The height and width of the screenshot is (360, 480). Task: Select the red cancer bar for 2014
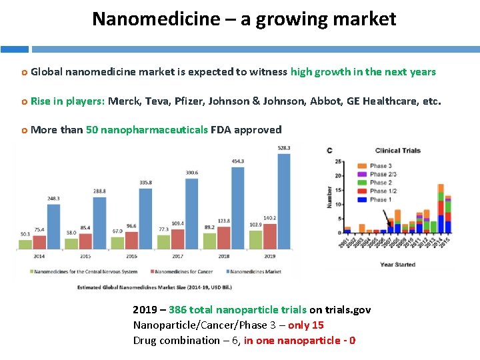pos(39,242)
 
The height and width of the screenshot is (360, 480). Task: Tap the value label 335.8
pos(145,182)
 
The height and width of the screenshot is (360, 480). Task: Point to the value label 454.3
pos(237,161)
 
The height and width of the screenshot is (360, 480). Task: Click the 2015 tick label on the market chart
pos(85,255)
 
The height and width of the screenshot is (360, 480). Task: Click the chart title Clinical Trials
pos(398,150)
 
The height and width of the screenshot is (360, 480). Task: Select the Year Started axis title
pos(397,265)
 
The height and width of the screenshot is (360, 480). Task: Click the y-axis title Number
pos(329,197)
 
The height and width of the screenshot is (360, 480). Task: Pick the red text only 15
pos(305,325)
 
